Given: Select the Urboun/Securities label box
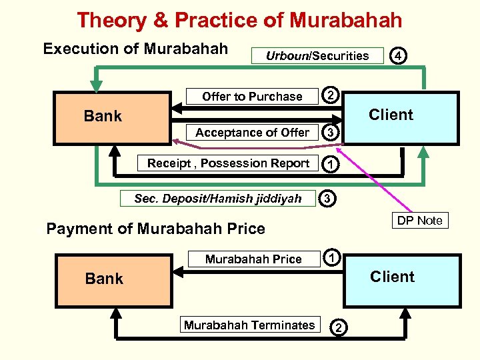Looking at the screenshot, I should [x=317, y=55].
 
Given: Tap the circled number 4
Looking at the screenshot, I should [x=397, y=56].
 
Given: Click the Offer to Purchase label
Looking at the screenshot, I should [x=252, y=97].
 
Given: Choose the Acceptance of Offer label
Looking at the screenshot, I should [x=252, y=133].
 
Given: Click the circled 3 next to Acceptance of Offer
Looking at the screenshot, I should [x=329, y=133].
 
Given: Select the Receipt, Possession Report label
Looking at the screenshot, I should [x=228, y=163].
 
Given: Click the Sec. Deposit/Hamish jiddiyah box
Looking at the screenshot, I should [x=217, y=198].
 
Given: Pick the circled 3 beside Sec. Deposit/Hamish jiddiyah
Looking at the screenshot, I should [x=327, y=198].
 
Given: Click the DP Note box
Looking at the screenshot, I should [x=419, y=221].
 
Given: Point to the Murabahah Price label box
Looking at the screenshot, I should [x=253, y=259].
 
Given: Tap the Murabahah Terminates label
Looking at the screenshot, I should [x=249, y=325].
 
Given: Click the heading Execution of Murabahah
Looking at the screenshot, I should [x=135, y=49].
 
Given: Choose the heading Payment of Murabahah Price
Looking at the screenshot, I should [x=155, y=229].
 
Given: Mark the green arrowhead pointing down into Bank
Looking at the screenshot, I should [x=97, y=85].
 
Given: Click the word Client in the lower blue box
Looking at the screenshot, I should [x=392, y=277].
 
